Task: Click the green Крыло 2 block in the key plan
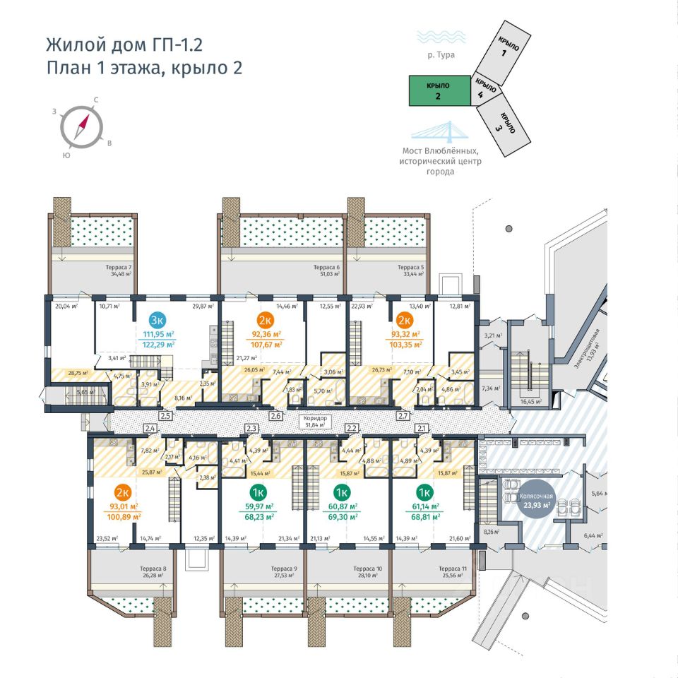tap(439, 91)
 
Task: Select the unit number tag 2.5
tap(166, 416)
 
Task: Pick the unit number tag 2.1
tap(422, 428)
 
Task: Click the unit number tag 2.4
tap(150, 428)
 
